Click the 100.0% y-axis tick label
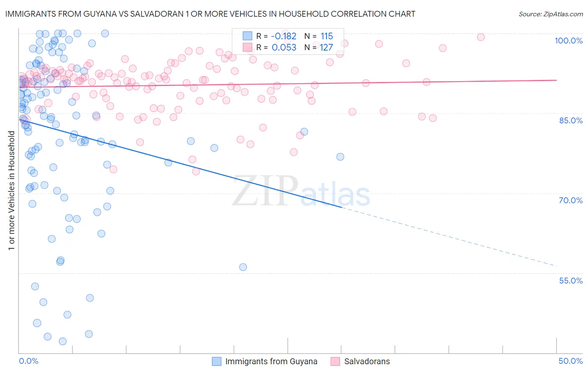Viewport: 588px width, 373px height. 568,41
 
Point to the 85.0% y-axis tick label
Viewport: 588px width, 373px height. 570,120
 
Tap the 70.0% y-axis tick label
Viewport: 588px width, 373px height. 570,200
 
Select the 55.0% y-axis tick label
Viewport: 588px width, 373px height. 570,281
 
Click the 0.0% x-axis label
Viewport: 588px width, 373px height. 28,361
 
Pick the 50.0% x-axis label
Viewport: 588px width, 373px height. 570,361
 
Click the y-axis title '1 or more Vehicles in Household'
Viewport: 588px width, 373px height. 11,191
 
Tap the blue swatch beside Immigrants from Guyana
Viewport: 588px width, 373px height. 216,361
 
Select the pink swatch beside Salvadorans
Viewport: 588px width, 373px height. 335,361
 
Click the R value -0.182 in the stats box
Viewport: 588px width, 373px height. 284,36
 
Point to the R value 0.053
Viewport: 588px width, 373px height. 284,47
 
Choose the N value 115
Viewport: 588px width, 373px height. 327,36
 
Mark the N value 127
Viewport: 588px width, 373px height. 327,47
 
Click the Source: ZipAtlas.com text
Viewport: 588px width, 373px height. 550,14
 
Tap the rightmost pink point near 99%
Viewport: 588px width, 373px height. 481,37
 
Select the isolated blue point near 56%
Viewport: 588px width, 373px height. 243,267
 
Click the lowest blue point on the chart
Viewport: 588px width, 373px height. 63,341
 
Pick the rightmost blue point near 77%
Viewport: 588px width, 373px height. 340,157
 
